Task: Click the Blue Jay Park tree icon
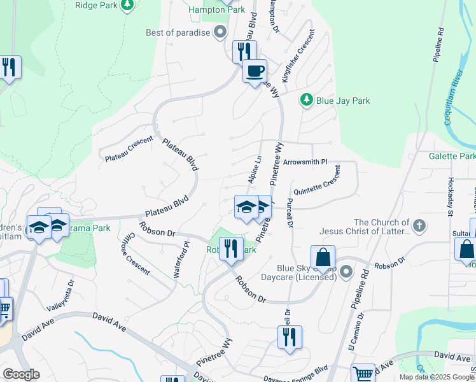tap(307, 100)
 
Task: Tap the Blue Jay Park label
tap(343, 101)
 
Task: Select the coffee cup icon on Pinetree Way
tap(255, 71)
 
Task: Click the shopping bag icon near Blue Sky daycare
tap(323, 258)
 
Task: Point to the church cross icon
tap(419, 225)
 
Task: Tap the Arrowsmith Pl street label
tap(305, 162)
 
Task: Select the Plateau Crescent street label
tap(130, 148)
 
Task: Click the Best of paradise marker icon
tap(220, 32)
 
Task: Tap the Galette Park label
tap(452, 156)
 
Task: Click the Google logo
tap(20, 374)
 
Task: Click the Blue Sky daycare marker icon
tap(346, 272)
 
